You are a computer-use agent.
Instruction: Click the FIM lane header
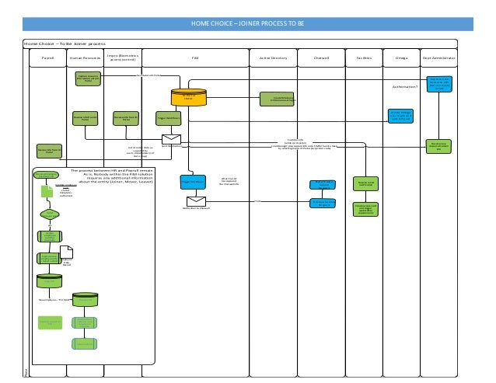(x=195, y=58)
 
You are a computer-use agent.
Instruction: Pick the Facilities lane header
(x=364, y=58)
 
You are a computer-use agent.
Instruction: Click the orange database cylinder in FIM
(x=187, y=97)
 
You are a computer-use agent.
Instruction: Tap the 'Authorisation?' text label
(x=405, y=87)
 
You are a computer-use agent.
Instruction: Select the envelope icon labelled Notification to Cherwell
(x=191, y=202)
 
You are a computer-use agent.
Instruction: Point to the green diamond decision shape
(x=49, y=213)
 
